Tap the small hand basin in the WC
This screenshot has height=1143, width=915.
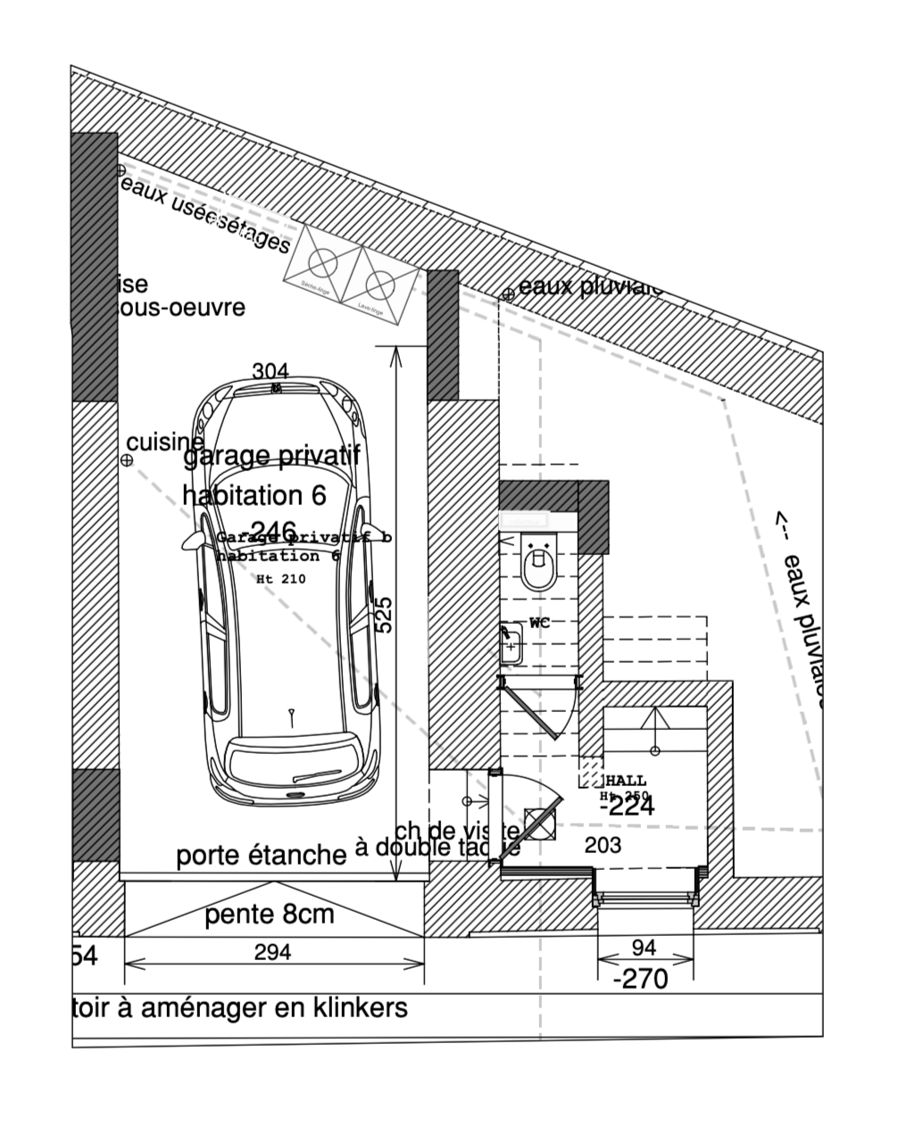(x=511, y=644)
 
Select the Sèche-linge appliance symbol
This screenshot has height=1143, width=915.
(x=322, y=261)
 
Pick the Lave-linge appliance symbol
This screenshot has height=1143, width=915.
(x=379, y=284)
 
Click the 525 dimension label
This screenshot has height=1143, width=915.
(x=384, y=615)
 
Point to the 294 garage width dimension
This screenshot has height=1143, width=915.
(x=272, y=952)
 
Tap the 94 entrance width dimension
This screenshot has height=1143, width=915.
(x=644, y=947)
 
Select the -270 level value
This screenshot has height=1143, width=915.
(x=641, y=979)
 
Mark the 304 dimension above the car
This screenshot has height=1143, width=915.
(x=270, y=371)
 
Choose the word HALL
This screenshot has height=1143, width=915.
(x=626, y=781)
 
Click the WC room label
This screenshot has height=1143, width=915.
(x=539, y=623)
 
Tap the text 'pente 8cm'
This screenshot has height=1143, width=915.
(x=270, y=915)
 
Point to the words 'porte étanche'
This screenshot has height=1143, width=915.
(x=261, y=856)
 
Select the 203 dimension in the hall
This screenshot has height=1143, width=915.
(x=603, y=845)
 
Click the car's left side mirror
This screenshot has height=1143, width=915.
(x=193, y=541)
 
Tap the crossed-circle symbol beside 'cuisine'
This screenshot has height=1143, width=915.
(x=127, y=460)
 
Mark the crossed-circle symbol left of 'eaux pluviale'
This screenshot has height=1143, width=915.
(x=507, y=294)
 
